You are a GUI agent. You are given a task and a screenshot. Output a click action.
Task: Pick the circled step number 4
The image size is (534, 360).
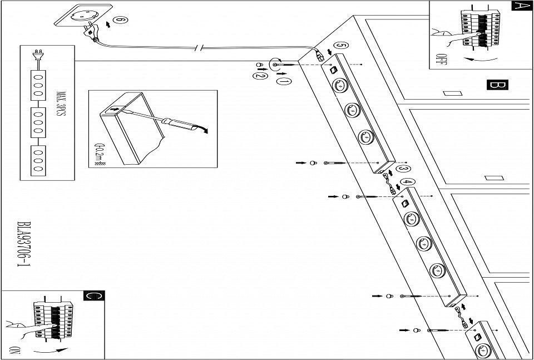[x=408, y=181]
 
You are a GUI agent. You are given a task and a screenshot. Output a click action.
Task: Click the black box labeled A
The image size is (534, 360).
[x=520, y=6]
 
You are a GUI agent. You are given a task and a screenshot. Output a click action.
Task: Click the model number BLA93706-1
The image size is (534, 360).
[x=23, y=245]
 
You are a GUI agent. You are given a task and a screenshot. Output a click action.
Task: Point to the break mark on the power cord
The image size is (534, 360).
[x=199, y=48]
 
